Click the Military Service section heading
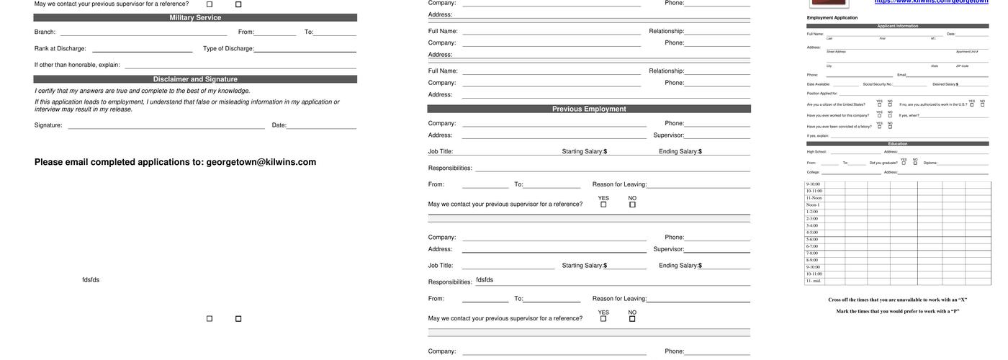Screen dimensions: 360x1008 point(195,18)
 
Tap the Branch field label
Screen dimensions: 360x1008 point(45,32)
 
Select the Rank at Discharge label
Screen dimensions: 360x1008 point(60,49)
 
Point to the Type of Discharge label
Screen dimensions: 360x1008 point(228,49)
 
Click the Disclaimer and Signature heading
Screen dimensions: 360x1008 point(195,79)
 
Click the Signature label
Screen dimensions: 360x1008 point(48,125)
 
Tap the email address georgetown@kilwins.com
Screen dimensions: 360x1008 point(261,162)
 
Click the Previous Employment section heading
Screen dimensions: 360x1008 point(589,109)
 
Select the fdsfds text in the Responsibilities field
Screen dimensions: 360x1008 point(485,280)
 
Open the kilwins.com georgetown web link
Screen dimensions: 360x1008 point(940,2)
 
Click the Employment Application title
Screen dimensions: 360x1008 point(832,18)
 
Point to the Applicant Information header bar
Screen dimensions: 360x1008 point(897,26)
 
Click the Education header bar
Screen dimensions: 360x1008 point(897,144)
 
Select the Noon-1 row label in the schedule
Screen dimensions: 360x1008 point(813,205)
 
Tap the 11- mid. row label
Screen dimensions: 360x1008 point(814,281)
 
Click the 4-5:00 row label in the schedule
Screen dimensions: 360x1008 point(812,233)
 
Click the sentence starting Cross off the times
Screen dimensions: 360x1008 point(897,300)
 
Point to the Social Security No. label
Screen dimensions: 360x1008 point(877,84)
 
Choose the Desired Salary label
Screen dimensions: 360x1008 point(944,84)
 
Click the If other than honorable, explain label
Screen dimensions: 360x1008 point(77,65)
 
